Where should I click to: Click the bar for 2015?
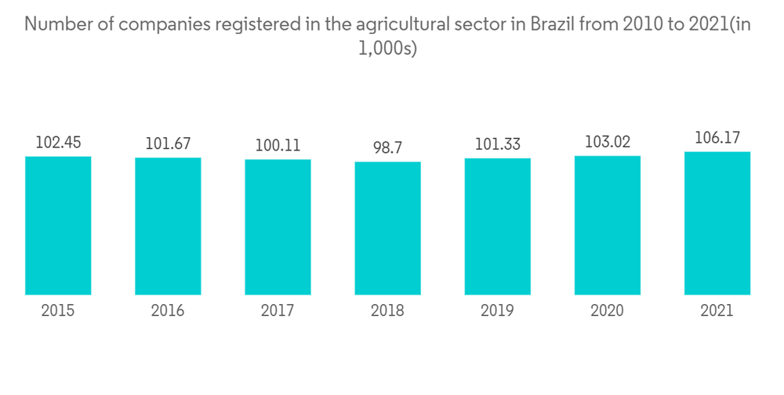(58, 226)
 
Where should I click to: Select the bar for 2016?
(168, 226)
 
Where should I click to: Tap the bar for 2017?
(278, 227)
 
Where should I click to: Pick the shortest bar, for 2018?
(387, 228)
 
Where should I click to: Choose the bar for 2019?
(497, 226)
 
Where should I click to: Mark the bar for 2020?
(607, 225)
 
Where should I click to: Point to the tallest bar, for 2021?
(717, 223)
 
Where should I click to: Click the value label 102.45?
(58, 143)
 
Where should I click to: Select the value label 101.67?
(168, 144)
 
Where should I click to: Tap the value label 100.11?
(278, 146)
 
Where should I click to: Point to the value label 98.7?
(387, 148)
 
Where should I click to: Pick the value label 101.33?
(497, 145)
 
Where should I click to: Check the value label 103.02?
(607, 142)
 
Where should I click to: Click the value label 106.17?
(717, 138)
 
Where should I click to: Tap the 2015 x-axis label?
(58, 311)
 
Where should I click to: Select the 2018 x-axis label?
(387, 311)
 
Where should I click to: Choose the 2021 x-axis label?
(717, 311)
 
